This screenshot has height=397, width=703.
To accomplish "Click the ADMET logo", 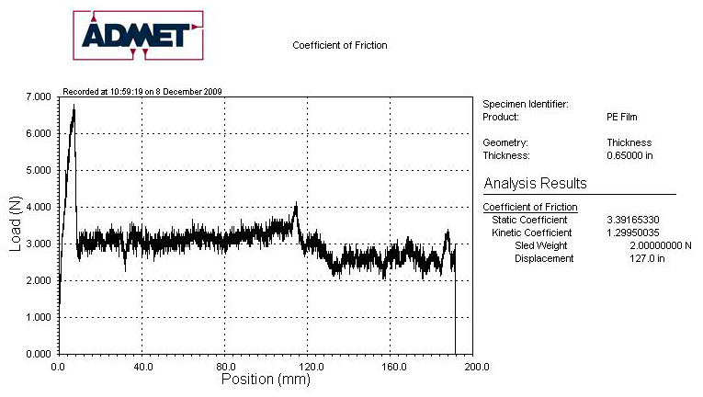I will pyautogui.click(x=137, y=35).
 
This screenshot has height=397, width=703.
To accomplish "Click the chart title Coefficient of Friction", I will pyautogui.click(x=339, y=45).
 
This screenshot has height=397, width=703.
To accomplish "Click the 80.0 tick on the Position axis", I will pyautogui.click(x=225, y=366).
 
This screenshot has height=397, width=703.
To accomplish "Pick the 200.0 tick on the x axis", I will pyautogui.click(x=473, y=366).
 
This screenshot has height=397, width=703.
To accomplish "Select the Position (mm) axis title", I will pyautogui.click(x=266, y=378).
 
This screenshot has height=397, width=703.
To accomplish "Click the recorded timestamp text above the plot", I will pyautogui.click(x=142, y=91).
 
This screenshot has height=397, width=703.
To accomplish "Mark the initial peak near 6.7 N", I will pyautogui.click(x=74, y=107).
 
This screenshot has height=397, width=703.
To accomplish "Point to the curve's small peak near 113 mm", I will pyautogui.click(x=295, y=206).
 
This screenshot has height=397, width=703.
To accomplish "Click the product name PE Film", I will pyautogui.click(x=622, y=117).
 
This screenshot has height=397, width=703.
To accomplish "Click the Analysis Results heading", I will pyautogui.click(x=535, y=183).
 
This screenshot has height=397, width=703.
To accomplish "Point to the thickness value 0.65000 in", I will pyautogui.click(x=629, y=155).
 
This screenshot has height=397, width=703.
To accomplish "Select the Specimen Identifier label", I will pyautogui.click(x=526, y=104).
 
